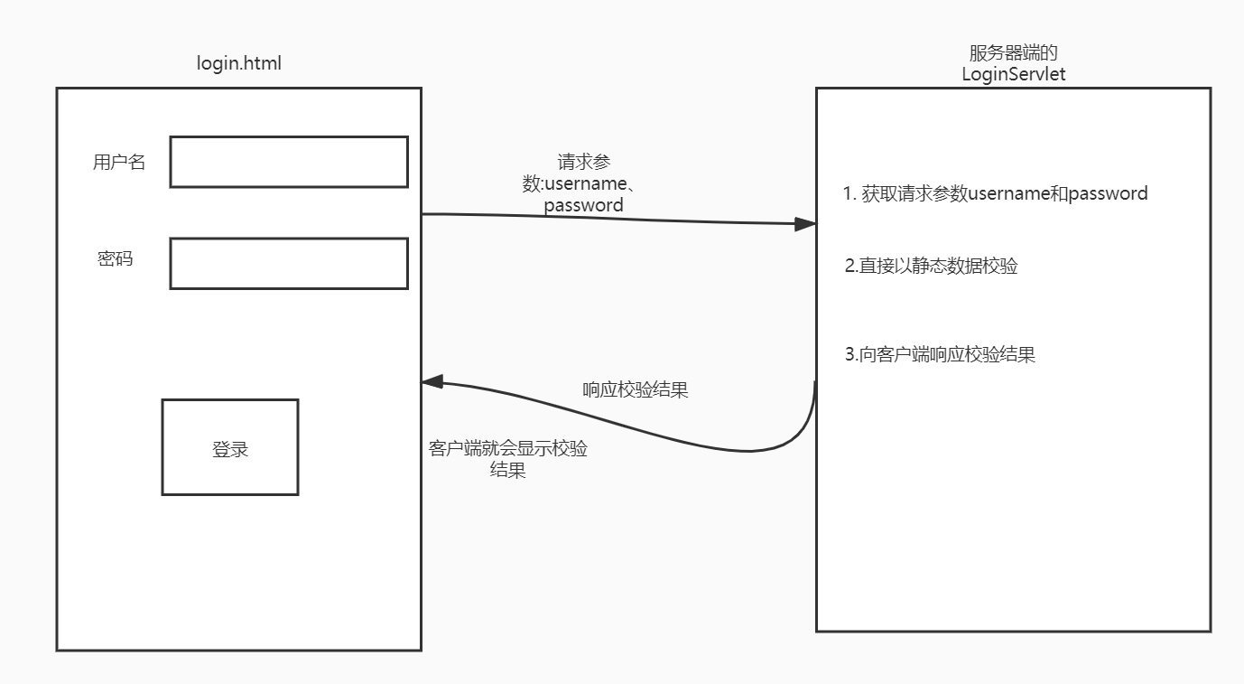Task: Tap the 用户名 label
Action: pos(118,163)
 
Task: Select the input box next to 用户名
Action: pos(289,162)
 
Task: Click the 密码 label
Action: pos(116,258)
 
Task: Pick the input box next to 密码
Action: pos(289,263)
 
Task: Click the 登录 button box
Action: pos(230,447)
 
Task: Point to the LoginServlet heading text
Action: pos(1014,74)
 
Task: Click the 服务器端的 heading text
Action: pos(1013,54)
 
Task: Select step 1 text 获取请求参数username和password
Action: pos(996,193)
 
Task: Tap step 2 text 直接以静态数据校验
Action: pos(932,266)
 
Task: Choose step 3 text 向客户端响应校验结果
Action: pos(940,354)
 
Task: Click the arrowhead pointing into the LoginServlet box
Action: pos(806,224)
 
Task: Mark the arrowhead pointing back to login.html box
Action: pos(432,381)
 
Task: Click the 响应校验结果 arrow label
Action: pos(636,390)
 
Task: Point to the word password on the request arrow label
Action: pos(583,205)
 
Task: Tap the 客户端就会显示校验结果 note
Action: pos(508,459)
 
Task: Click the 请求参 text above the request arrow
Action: pos(584,163)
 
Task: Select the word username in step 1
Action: pos(1009,193)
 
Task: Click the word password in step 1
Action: pos(1108,193)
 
